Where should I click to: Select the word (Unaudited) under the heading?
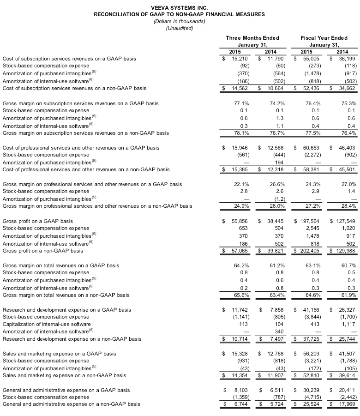(x=179, y=29)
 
